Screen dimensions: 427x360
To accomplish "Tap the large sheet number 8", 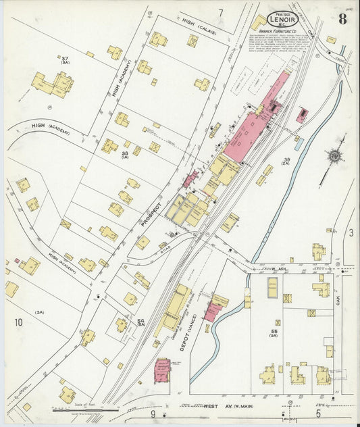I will pyautogui.click(x=342, y=18).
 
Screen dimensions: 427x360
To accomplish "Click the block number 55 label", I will pyautogui.click(x=275, y=330).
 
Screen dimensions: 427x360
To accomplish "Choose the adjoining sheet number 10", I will pyautogui.click(x=18, y=322).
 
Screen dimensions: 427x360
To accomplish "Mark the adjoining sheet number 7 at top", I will pyautogui.click(x=220, y=12).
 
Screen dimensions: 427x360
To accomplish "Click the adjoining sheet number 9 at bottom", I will pyautogui.click(x=153, y=413).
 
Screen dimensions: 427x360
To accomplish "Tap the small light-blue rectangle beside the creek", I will pyautogui.click(x=299, y=144).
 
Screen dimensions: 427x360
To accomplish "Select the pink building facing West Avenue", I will pyautogui.click(x=162, y=370).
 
